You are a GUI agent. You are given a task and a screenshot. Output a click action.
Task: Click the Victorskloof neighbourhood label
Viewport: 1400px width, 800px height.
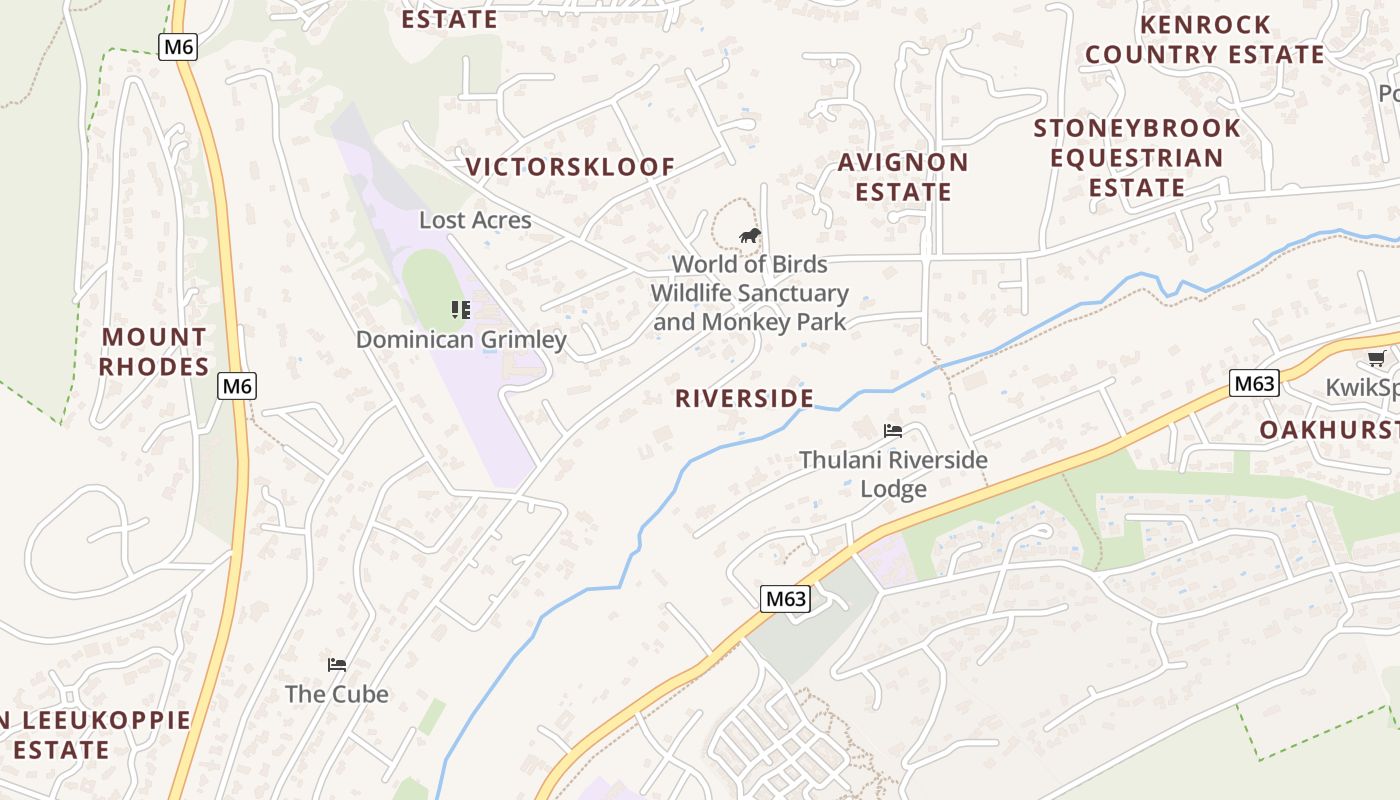point(570,167)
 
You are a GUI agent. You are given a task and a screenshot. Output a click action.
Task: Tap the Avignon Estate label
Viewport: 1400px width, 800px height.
point(902,177)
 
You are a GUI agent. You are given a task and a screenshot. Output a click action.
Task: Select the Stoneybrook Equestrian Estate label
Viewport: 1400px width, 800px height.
point(1137,158)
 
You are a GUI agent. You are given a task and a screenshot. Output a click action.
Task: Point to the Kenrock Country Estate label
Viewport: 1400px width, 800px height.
point(1204,39)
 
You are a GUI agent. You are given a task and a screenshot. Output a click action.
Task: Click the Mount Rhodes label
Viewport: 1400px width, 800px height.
point(154,352)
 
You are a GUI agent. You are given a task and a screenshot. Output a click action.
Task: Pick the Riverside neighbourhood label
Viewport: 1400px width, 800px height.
point(744,398)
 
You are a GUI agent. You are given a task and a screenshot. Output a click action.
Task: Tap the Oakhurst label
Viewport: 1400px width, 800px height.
point(1328,430)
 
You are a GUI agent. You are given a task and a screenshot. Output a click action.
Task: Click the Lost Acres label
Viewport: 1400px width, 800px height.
point(475,220)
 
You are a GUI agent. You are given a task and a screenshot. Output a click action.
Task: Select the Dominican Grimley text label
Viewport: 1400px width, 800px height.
point(461,340)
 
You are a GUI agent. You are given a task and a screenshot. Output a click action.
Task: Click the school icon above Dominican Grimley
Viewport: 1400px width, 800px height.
point(461,310)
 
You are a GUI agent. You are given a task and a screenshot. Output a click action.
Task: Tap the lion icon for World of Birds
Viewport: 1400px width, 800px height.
point(749,236)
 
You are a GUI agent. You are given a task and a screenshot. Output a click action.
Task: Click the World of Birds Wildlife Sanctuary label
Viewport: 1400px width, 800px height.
point(749,293)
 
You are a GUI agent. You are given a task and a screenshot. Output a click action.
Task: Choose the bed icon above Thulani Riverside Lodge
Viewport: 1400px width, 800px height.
point(893,431)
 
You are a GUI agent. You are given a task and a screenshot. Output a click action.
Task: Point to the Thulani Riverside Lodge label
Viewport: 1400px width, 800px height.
point(893,475)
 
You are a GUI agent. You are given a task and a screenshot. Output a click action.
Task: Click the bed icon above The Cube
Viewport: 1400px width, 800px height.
point(337,664)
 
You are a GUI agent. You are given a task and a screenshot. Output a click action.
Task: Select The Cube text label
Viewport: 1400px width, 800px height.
point(337,694)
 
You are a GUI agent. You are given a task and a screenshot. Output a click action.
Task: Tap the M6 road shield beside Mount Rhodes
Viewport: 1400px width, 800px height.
point(236,386)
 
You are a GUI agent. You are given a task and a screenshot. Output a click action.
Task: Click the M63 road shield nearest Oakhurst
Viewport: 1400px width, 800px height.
point(1254,383)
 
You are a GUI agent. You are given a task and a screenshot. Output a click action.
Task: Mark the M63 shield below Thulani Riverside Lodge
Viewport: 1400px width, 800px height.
point(785,599)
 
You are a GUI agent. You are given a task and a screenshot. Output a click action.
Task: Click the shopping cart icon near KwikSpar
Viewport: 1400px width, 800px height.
point(1376,358)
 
